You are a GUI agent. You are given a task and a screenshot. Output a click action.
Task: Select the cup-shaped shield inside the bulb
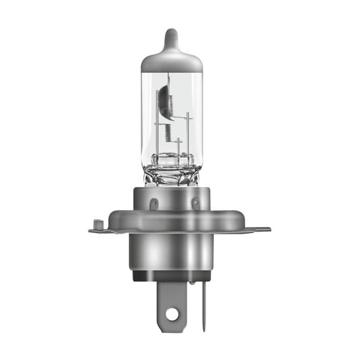165,101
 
